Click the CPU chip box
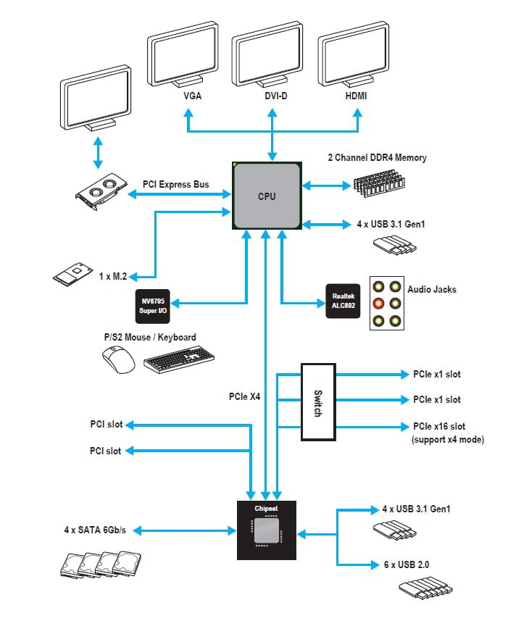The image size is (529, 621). pyautogui.click(x=267, y=196)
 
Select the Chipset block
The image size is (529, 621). pyautogui.click(x=266, y=530)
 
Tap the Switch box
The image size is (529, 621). pyautogui.click(x=317, y=402)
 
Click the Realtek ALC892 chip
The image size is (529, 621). pyautogui.click(x=342, y=301)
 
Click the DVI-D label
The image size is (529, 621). pyautogui.click(x=272, y=96)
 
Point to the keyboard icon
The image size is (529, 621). pyautogui.click(x=178, y=360)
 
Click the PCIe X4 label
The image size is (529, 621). pyautogui.click(x=243, y=396)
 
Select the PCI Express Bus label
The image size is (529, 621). pyautogui.click(x=176, y=185)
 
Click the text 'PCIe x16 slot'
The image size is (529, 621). pyautogui.click(x=439, y=426)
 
